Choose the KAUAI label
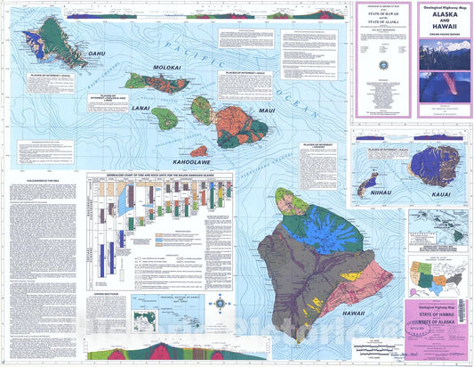[x=436, y=192]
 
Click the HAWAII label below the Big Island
[x=351, y=314]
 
